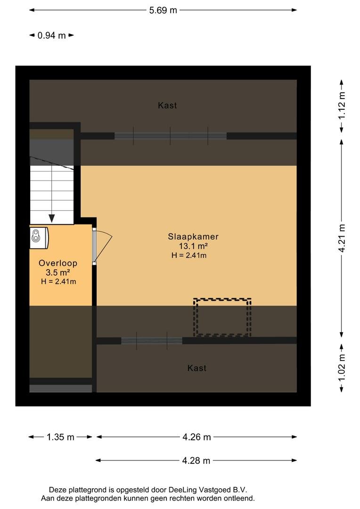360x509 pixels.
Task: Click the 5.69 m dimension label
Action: [163, 10]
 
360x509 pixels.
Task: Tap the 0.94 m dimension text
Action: [52, 35]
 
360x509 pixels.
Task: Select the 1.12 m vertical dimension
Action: [342, 106]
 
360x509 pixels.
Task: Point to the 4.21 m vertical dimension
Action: [342, 238]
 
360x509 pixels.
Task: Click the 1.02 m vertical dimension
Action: [342, 369]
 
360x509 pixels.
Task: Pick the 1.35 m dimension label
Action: [60, 437]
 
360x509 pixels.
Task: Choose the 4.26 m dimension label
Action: [196, 437]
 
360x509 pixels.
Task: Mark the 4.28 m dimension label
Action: [196, 460]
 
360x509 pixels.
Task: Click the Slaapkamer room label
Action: [193, 237]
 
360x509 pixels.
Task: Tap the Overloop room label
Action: [58, 263]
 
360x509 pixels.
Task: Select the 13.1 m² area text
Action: [193, 246]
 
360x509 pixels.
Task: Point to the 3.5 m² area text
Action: [58, 272]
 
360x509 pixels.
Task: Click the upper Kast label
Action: [167, 106]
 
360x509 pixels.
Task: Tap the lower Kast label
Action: [196, 368]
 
